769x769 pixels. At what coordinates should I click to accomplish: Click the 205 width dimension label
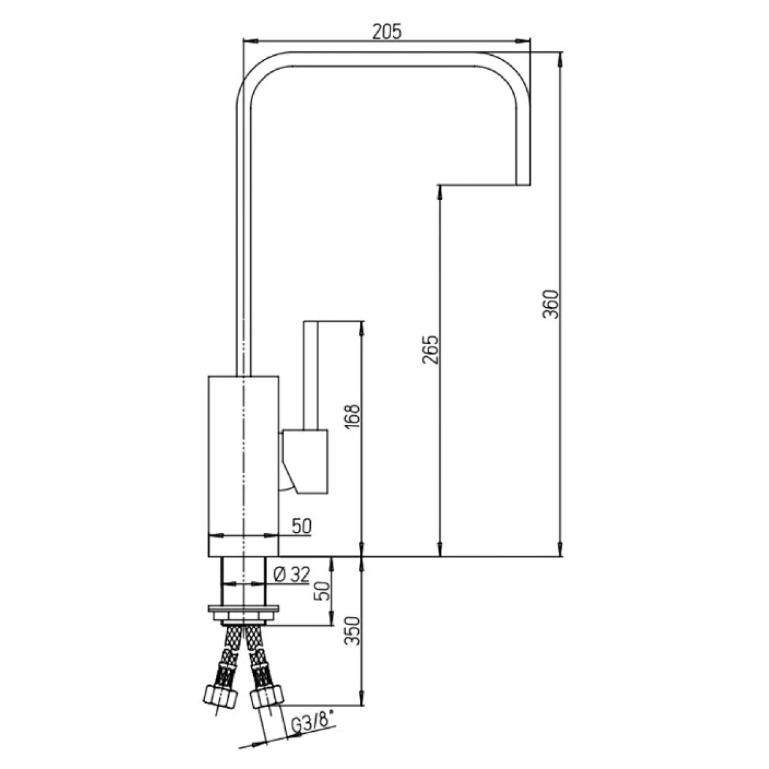tap(386, 31)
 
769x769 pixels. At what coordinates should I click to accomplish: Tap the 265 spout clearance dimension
tap(430, 350)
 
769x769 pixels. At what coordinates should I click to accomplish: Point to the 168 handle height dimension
tap(352, 417)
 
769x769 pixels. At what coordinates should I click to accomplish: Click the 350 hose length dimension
tap(352, 641)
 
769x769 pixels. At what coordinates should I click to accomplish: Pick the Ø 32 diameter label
tap(292, 575)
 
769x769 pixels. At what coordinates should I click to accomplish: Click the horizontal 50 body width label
tap(301, 526)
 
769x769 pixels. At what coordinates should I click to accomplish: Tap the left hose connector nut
tap(220, 698)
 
